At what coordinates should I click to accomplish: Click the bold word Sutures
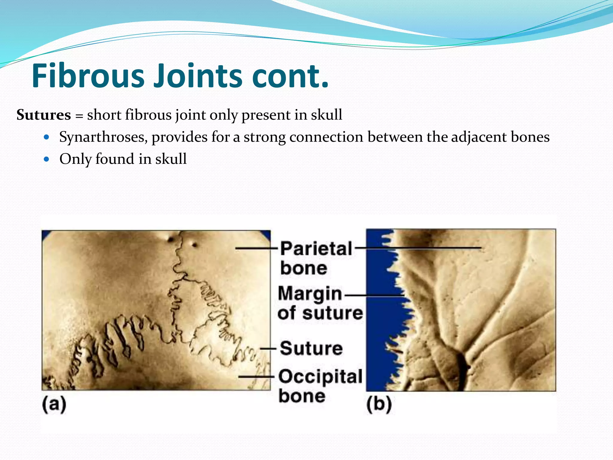tap(44, 115)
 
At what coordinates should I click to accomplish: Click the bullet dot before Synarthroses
tap(46, 137)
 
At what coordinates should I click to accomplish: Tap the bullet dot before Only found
tap(46, 159)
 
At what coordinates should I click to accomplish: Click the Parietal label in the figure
tap(316, 249)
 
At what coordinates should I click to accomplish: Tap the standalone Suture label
tap(311, 348)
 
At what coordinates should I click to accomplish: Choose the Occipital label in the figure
tap(320, 376)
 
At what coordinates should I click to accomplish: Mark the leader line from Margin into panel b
tap(374, 295)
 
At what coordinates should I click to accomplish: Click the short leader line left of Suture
tap(268, 349)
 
